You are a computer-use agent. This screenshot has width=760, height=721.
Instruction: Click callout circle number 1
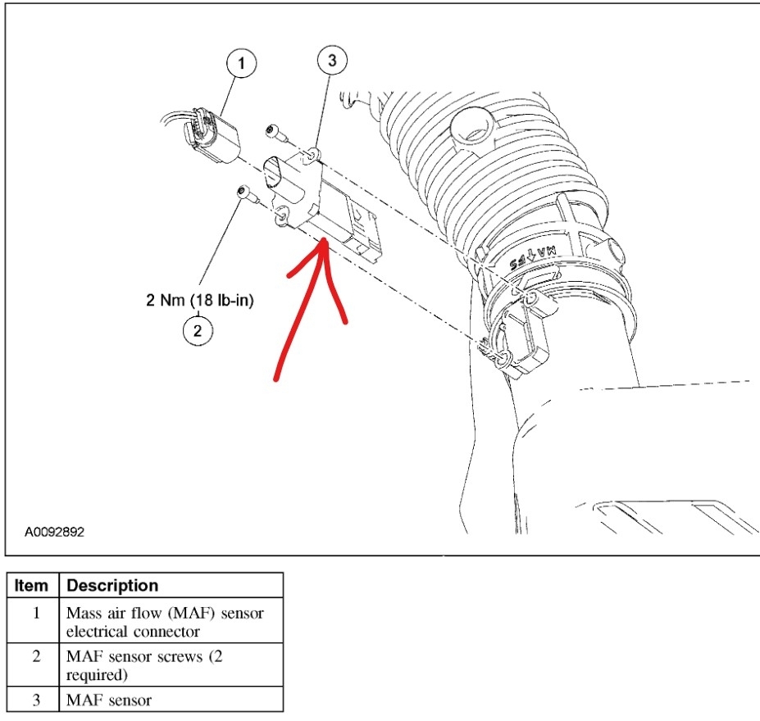(243, 63)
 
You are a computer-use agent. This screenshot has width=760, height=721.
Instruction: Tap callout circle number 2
(198, 331)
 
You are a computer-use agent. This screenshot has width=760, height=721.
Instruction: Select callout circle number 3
(331, 60)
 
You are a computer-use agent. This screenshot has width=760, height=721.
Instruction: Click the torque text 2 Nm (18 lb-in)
(200, 301)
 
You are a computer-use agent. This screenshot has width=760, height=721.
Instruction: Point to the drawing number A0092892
(54, 532)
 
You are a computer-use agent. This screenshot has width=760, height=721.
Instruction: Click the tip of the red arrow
(325, 239)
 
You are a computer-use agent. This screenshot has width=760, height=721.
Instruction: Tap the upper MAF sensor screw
(273, 129)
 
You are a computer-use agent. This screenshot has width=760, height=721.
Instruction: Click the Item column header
(32, 586)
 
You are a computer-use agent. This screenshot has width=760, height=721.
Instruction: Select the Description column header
(112, 586)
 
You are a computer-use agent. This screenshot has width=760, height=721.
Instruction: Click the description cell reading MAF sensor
(171, 701)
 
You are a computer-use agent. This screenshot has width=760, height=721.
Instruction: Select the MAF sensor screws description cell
(171, 665)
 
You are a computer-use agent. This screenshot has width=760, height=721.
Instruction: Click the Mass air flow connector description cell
(171, 622)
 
